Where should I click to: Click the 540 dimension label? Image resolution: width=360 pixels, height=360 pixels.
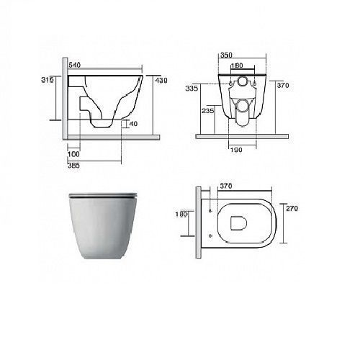tap(75, 65)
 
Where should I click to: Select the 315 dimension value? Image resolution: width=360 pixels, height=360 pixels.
tap(47, 80)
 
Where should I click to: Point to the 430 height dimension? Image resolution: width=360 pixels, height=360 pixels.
tap(161, 81)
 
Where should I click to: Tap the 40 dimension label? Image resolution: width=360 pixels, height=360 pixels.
tap(133, 124)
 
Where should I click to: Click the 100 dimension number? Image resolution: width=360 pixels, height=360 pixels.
tap(73, 154)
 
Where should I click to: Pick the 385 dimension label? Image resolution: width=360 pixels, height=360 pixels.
tap(73, 166)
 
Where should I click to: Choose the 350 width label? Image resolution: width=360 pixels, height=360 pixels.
tap(226, 55)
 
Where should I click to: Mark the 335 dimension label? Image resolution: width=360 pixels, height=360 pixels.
tap(192, 89)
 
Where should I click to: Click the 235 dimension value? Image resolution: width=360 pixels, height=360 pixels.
tap(207, 111)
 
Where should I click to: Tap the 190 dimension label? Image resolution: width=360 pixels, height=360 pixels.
tap(236, 150)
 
